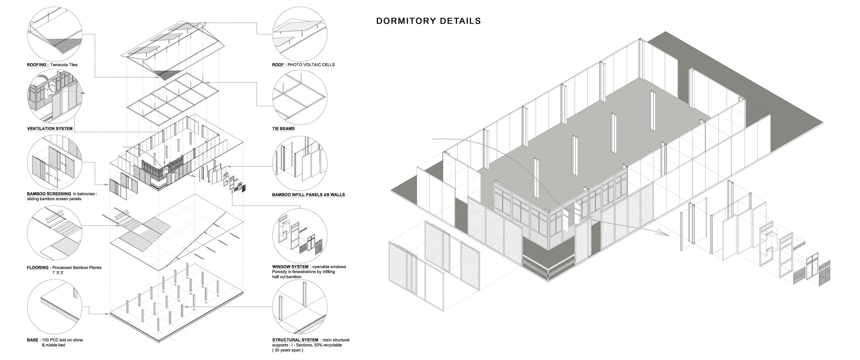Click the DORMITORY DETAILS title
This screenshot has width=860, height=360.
click(x=428, y=21)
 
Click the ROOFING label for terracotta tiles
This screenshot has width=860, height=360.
click(x=37, y=65)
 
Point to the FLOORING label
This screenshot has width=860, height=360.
click(x=38, y=268)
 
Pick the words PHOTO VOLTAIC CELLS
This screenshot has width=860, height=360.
click(x=311, y=65)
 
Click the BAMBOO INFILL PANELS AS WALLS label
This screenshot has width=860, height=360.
click(x=308, y=195)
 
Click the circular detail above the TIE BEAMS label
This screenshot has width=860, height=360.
click(x=299, y=97)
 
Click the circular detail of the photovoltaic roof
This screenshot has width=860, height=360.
click(x=299, y=33)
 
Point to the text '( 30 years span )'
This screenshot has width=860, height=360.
click(x=287, y=350)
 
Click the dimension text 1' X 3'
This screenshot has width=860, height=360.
click(x=58, y=273)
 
